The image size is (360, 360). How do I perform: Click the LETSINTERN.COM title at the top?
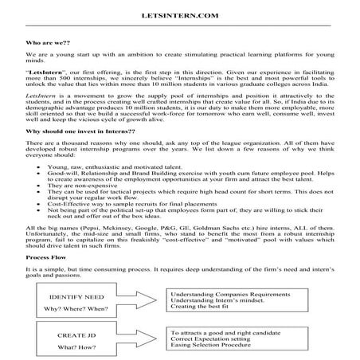click(x=179, y=14)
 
